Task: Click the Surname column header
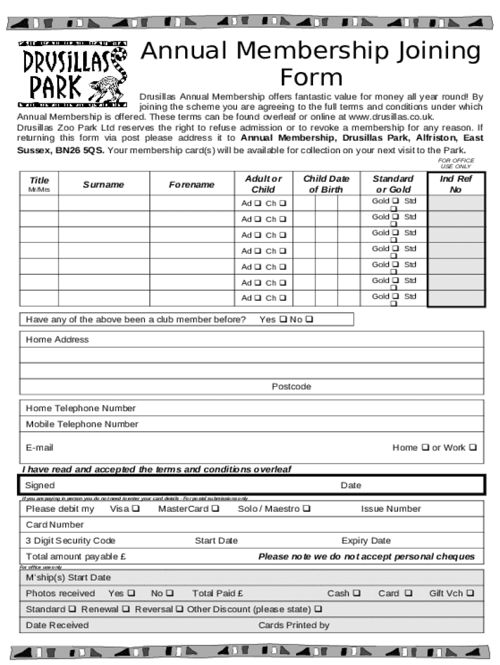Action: [x=103, y=184]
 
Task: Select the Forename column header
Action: [x=192, y=184]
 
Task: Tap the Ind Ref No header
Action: [x=456, y=184]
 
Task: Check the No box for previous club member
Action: [x=309, y=320]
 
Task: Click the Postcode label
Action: [x=291, y=386]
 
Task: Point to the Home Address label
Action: [x=57, y=340]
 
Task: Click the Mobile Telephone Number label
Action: [x=82, y=424]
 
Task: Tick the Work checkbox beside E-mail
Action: [x=473, y=447]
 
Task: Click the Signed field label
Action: [x=40, y=485]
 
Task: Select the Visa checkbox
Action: [x=136, y=509]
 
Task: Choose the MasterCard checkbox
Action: [x=215, y=509]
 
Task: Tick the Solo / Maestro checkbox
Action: [x=306, y=509]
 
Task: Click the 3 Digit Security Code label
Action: [x=70, y=540]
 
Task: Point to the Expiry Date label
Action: [x=366, y=540]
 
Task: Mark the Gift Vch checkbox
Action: [x=470, y=594]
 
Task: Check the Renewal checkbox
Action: [x=126, y=610]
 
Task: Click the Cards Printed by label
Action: [x=294, y=625]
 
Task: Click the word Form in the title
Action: [x=311, y=77]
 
